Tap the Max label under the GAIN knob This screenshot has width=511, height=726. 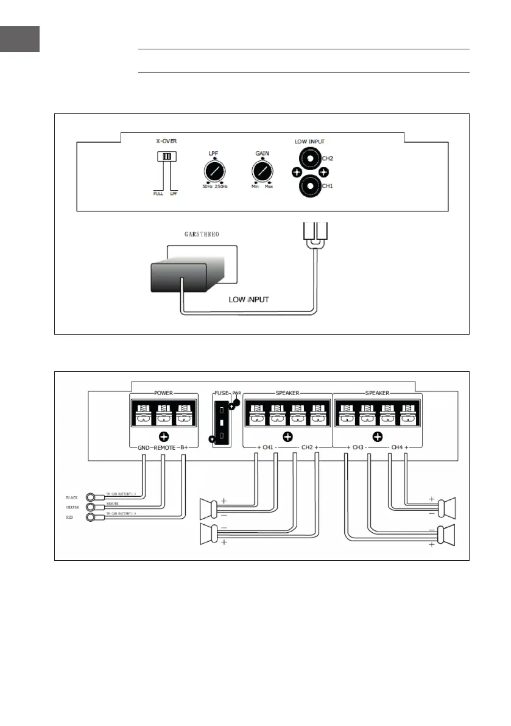tap(269, 187)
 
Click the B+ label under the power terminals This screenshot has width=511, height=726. tap(186, 448)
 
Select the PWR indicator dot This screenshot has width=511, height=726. tap(236, 403)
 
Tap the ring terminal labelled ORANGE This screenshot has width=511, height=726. tap(92, 507)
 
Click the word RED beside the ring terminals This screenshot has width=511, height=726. tap(69, 517)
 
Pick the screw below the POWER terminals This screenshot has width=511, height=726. tap(163, 436)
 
